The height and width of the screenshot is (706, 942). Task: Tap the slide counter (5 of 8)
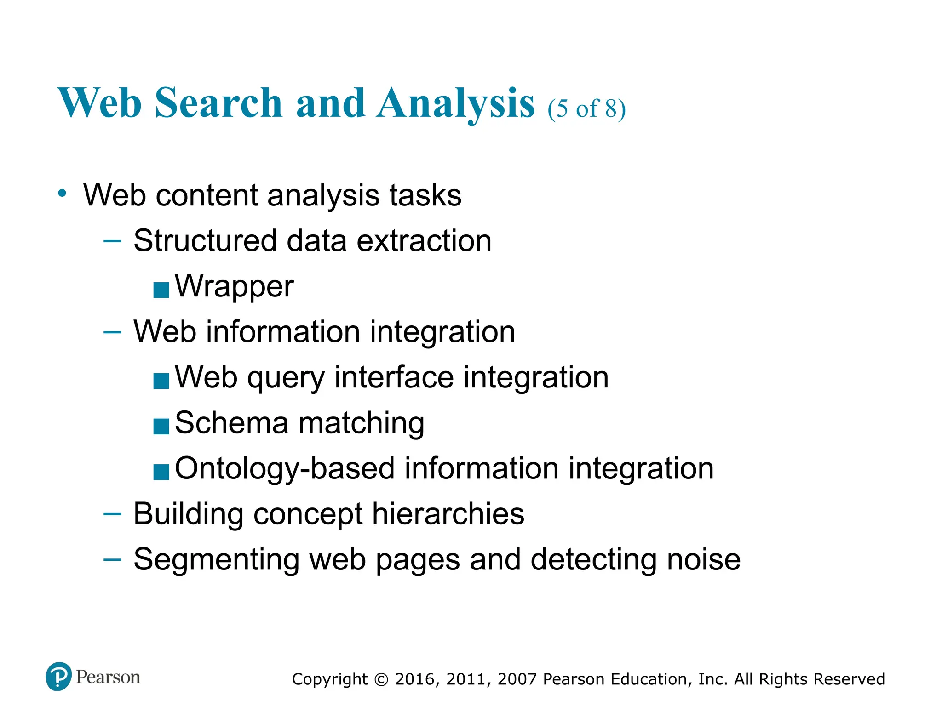point(586,108)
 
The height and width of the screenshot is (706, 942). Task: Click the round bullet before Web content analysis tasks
point(63,193)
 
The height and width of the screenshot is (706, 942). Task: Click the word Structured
point(205,240)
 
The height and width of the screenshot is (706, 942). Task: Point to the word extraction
point(424,240)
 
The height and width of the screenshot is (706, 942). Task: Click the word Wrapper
point(234,286)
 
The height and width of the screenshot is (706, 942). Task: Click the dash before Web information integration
point(113,331)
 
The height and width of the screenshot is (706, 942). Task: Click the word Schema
point(232,422)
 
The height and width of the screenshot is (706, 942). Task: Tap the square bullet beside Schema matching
point(161,427)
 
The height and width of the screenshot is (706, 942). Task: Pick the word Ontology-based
point(285,468)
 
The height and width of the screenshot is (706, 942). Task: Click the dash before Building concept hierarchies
point(113,513)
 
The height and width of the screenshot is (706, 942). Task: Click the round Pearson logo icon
point(59,676)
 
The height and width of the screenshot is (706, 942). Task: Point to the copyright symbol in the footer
point(381,679)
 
